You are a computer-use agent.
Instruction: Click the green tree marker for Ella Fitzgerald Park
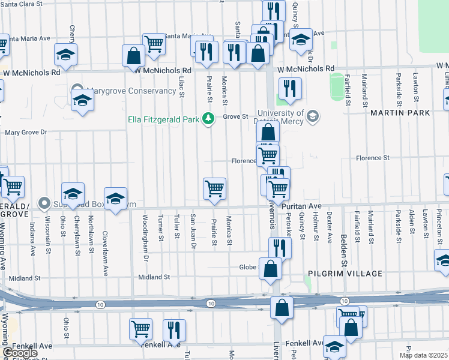pos(208,118)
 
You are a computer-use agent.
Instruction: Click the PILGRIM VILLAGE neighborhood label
pos(345,274)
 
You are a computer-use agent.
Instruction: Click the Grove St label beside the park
pos(236,116)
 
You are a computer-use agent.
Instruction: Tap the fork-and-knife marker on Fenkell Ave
pos(175,329)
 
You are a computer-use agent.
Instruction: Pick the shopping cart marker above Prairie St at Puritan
pos(214,188)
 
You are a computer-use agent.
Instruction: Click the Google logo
pos(20,353)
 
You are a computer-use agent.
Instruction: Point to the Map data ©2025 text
pos(424,355)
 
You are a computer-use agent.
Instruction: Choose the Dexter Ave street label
pos(329,227)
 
